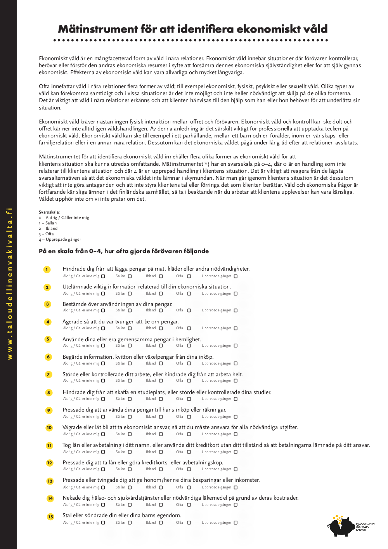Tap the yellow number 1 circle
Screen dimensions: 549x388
[47, 269]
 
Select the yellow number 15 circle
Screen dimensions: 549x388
[50, 517]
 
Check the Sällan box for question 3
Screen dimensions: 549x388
[130, 311]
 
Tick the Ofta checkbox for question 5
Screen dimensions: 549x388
[189, 346]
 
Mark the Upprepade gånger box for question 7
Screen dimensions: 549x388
[236, 381]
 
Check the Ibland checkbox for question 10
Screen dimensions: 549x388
[161, 434]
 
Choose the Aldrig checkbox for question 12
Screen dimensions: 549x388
[103, 469]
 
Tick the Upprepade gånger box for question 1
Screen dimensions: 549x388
[236, 276]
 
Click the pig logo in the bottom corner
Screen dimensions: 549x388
[341, 526]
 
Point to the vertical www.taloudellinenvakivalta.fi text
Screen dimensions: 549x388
[10, 283]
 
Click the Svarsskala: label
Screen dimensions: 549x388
[49, 212]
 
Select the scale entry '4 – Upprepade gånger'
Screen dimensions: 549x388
[60, 240]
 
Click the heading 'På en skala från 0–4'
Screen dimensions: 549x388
[124, 251]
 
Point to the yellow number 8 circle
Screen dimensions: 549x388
[48, 393]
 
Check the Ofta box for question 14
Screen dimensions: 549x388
[189, 505]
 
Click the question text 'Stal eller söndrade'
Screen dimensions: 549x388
[122, 516]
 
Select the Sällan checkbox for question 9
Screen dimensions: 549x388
[130, 417]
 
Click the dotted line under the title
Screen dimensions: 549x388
[190, 40]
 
